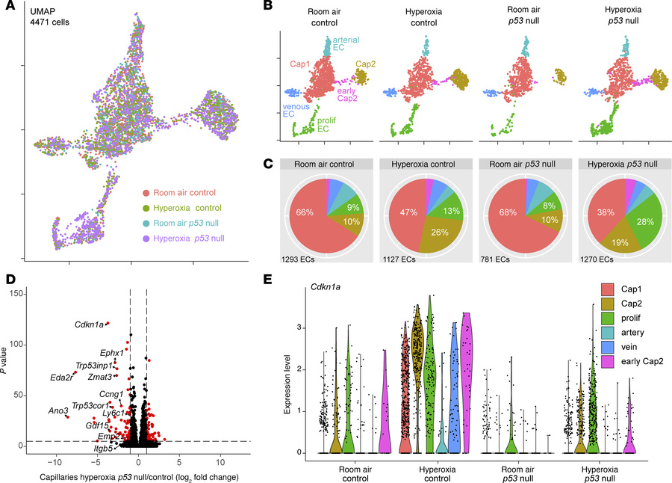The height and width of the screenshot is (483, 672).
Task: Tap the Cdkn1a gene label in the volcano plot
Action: tap(89, 324)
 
